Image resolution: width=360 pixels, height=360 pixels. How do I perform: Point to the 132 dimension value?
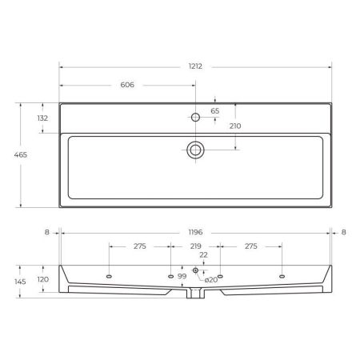43,118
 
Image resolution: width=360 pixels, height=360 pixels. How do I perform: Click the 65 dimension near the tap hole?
214,110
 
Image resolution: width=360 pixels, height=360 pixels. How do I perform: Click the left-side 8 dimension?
47,232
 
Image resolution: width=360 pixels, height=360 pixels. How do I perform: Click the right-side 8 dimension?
344,232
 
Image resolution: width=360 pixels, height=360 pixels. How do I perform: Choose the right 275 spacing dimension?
250,247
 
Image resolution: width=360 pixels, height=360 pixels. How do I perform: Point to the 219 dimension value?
196,247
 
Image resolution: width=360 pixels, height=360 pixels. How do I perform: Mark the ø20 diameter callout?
211,280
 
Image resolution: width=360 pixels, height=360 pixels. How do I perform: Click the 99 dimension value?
182,276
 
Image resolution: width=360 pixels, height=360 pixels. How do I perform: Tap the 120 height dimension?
43,279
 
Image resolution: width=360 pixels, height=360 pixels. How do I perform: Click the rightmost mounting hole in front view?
282,276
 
